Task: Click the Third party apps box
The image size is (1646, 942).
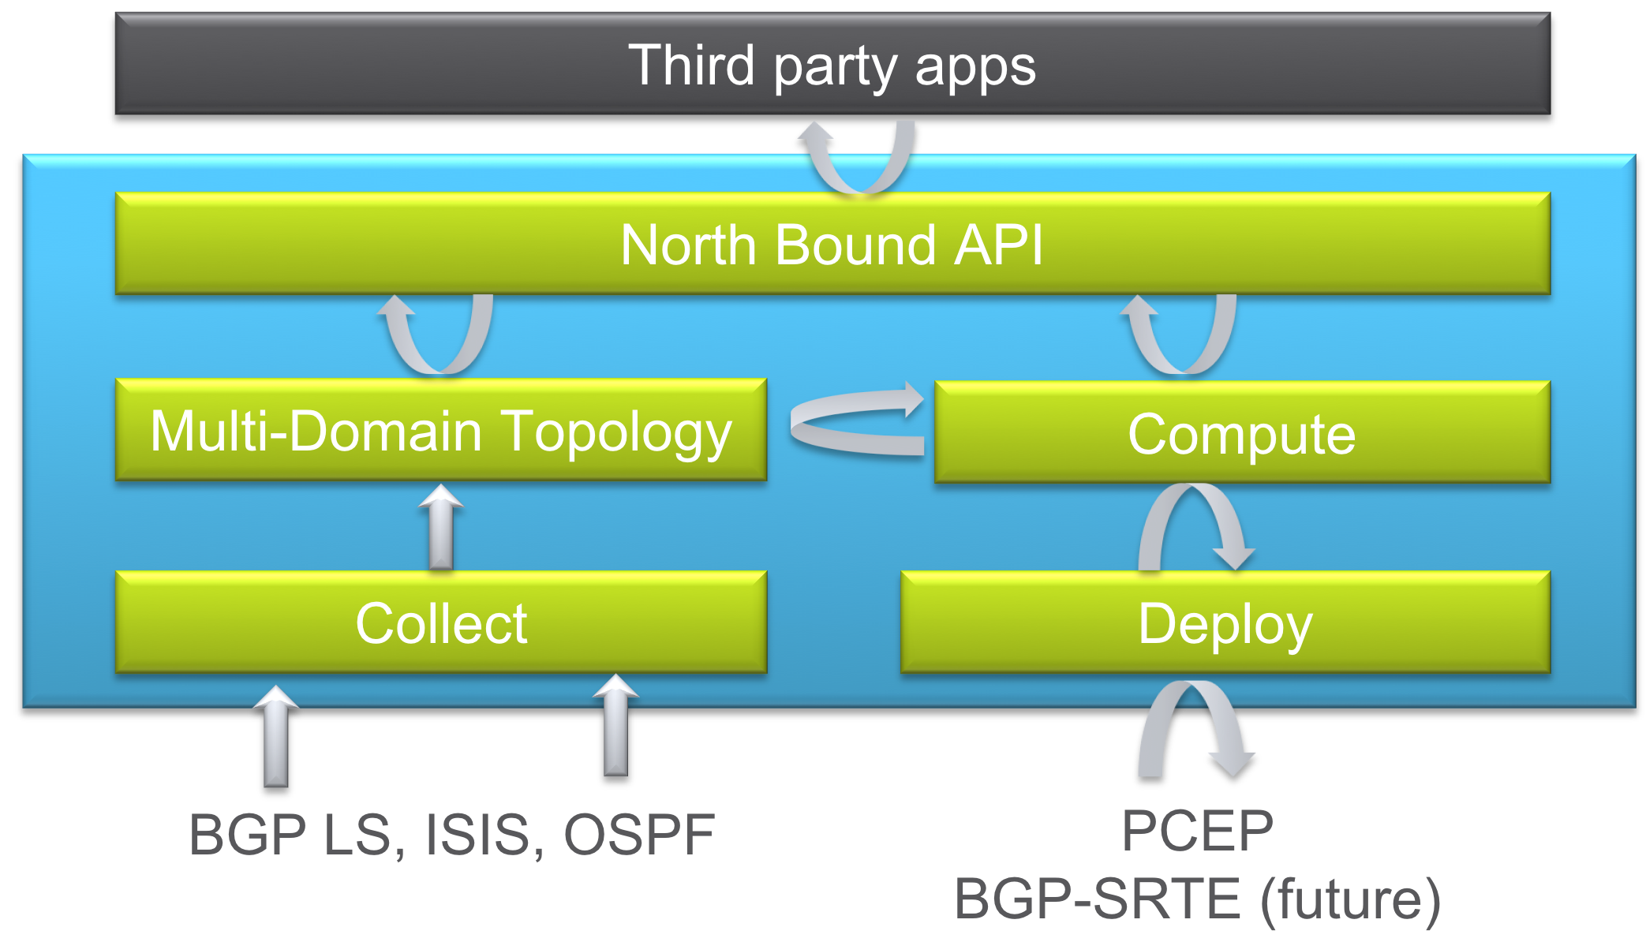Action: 832,64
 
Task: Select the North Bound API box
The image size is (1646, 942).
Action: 832,244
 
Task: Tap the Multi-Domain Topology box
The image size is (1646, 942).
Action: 440,431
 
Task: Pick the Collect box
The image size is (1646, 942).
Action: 440,622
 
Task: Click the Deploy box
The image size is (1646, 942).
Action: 1225,622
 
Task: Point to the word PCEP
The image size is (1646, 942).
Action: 1197,831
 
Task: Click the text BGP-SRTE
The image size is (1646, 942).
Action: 1098,899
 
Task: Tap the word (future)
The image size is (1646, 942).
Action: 1350,899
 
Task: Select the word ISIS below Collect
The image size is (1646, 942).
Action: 478,835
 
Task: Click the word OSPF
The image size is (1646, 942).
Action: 639,835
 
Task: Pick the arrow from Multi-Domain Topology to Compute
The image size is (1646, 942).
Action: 856,422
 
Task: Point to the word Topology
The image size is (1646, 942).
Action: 617,432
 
